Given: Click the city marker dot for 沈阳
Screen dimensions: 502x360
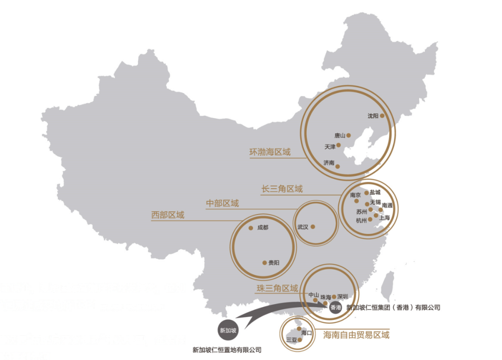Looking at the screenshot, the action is [382, 116].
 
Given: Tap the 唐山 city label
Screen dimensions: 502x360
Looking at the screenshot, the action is [340, 136].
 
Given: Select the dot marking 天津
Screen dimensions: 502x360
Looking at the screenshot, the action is [339, 145].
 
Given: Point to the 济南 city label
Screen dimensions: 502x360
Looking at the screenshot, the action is [329, 163].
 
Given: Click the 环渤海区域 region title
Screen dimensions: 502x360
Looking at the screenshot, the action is [270, 152].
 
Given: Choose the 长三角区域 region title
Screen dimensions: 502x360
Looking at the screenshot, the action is [282, 189].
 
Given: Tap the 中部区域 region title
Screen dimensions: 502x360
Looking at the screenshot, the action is [222, 203].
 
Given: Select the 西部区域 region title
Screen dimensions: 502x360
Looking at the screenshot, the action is [167, 215].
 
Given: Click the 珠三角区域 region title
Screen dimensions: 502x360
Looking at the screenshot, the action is [277, 288].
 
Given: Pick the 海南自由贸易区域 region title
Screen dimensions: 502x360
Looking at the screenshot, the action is [357, 335].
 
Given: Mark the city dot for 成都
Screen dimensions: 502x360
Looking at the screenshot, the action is [251, 228].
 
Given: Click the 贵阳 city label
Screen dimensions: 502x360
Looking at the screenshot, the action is [274, 263].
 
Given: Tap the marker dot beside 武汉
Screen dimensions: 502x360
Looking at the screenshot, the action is [313, 227].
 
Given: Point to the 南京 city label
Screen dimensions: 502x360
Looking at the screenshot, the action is [356, 195].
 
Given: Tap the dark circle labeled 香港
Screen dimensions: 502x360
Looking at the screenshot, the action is [335, 308].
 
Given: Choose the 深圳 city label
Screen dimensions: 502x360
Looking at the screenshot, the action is [343, 296].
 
